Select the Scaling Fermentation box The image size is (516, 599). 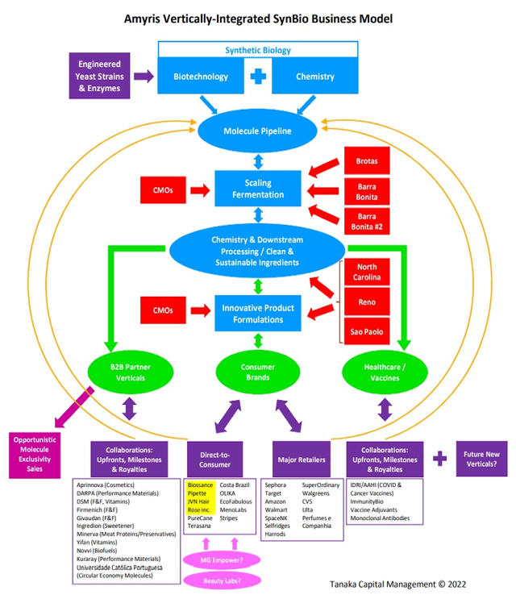[x=258, y=189]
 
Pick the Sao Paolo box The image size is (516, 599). [x=367, y=331]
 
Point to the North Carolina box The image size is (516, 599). [x=367, y=272]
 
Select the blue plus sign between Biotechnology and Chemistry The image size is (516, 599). [x=258, y=77]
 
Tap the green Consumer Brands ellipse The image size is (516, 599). [x=258, y=372]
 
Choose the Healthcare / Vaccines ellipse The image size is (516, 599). [x=383, y=372]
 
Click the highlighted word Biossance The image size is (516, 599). [x=201, y=485]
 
